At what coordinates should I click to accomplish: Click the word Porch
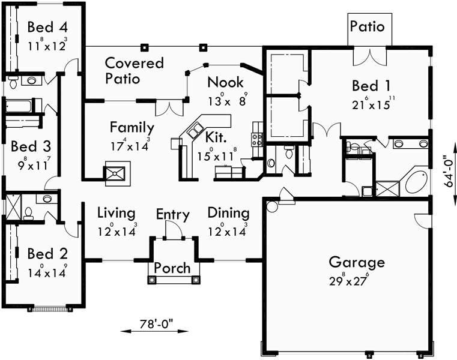point(172,268)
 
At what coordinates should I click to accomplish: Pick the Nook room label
point(225,82)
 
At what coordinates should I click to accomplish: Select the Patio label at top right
point(367,27)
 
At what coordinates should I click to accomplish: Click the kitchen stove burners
point(258,140)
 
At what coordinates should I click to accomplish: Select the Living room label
point(117,213)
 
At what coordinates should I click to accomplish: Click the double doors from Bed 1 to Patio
point(367,56)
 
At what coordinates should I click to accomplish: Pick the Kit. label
point(216,137)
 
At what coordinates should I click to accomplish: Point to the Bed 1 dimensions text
point(374,103)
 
